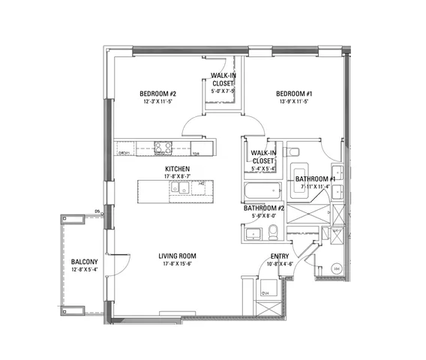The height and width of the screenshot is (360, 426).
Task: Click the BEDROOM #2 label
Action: pos(157,94)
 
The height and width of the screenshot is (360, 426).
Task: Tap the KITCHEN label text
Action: pos(178,169)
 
